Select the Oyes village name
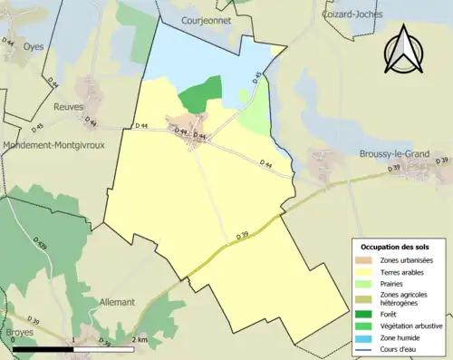(34, 47)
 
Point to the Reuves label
(69, 107)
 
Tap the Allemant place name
(117, 301)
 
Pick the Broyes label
(19, 332)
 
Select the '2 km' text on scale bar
(139, 339)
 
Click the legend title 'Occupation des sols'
(395, 247)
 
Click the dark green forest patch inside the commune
(201, 95)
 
